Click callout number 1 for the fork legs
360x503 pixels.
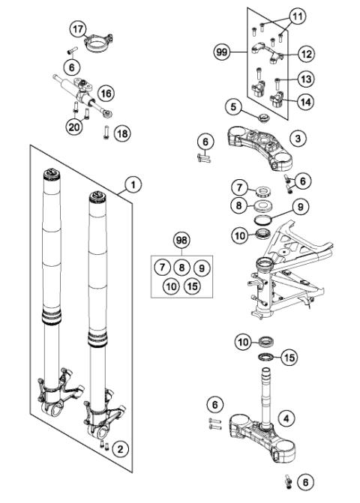click(133, 182)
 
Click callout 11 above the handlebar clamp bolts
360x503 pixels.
click(298, 16)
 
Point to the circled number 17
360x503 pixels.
click(77, 28)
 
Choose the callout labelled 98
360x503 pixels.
click(181, 241)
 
